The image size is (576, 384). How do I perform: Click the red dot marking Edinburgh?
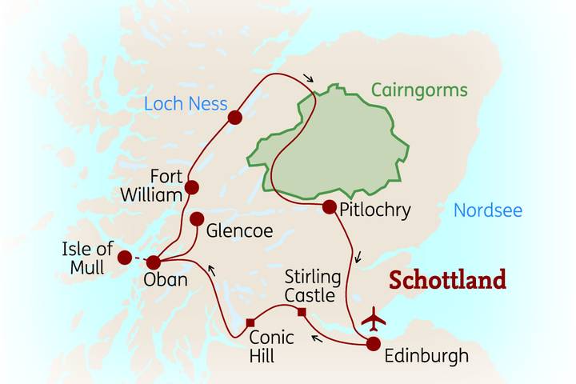(x=374, y=344)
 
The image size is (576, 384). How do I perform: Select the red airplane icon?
(x=373, y=318)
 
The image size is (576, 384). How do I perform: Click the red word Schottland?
(x=447, y=281)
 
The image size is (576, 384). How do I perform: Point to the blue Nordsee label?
(x=488, y=211)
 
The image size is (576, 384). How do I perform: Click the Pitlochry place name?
(x=374, y=211)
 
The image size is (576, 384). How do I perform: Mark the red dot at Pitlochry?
(x=329, y=207)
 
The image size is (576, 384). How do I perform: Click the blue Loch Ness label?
(x=186, y=104)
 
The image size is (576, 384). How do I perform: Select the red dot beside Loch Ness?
(x=234, y=118)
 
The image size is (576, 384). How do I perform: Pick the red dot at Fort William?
(x=192, y=188)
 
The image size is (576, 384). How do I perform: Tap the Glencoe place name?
(x=239, y=231)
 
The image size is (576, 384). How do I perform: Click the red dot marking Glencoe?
(x=197, y=218)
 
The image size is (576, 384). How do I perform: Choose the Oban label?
(x=166, y=281)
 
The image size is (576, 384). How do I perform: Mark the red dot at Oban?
(x=154, y=262)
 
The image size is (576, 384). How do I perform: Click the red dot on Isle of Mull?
(x=124, y=258)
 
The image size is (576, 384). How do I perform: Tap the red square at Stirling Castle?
(x=302, y=312)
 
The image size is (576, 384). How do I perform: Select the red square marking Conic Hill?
(x=250, y=322)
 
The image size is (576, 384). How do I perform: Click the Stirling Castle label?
(x=314, y=286)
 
